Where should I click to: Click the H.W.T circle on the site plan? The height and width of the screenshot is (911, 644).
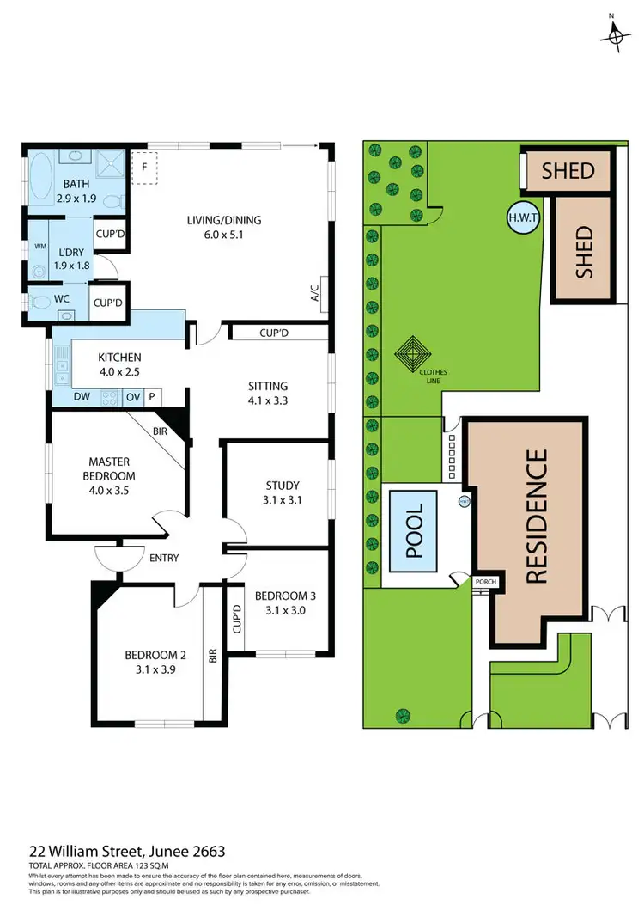click(x=523, y=217)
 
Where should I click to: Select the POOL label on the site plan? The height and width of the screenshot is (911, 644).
click(x=415, y=531)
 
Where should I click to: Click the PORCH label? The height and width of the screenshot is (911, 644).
click(x=485, y=582)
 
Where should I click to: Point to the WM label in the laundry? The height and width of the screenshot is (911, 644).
click(x=39, y=246)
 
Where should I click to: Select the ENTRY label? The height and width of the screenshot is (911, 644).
click(x=163, y=558)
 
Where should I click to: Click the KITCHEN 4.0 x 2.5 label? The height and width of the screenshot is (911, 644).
click(x=118, y=364)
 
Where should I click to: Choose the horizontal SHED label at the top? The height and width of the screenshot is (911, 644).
click(x=568, y=170)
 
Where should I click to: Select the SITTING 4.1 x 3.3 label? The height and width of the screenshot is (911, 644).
click(x=268, y=392)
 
